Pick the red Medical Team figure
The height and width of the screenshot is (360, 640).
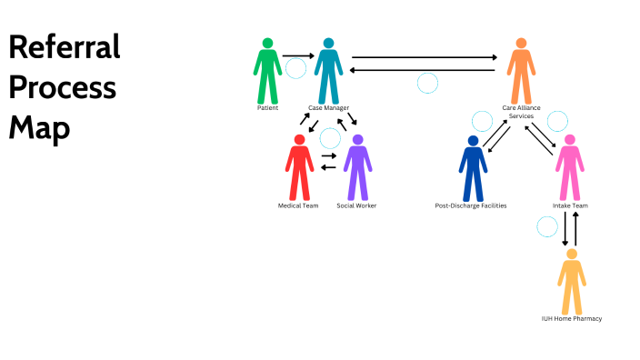point(299,167)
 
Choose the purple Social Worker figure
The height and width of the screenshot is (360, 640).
point(357,167)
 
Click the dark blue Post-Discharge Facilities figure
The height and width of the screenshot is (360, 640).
point(473,168)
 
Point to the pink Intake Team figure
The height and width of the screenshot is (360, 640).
point(569,168)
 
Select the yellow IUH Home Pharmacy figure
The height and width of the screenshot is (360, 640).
point(571,281)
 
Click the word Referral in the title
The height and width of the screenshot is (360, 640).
point(65,47)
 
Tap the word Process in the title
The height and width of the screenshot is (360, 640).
point(63,88)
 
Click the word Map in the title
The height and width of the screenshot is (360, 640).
point(39,128)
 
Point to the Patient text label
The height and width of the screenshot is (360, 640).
point(267,108)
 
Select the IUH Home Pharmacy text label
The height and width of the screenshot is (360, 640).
point(571,319)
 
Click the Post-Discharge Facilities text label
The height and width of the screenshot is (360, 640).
point(471,206)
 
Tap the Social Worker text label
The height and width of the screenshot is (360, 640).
point(356,206)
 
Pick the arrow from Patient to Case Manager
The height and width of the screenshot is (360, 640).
point(297,56)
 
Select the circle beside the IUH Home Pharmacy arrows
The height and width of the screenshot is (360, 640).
point(547,226)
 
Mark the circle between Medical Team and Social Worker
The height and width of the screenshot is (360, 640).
point(330,138)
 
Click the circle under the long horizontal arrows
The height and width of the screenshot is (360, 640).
point(427,84)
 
